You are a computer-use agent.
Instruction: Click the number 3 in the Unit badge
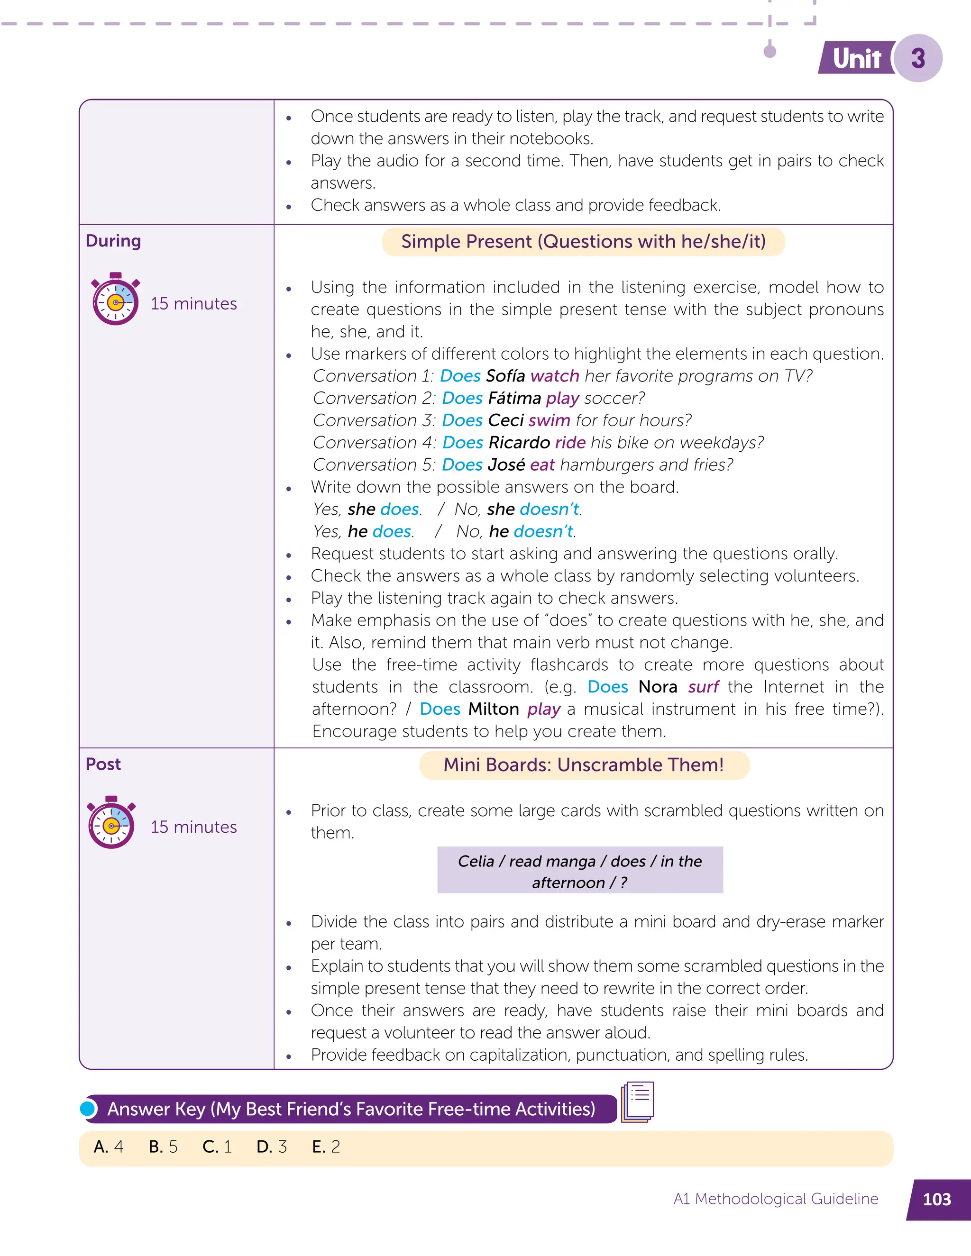click(918, 58)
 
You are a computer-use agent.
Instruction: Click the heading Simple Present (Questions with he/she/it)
click(583, 242)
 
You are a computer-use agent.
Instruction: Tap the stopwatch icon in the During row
click(115, 300)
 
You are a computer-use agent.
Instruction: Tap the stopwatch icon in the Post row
click(111, 823)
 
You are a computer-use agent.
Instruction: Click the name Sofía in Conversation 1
click(505, 376)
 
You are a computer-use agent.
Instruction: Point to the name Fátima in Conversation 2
click(514, 399)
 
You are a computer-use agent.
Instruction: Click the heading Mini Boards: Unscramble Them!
click(583, 765)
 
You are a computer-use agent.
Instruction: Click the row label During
click(113, 241)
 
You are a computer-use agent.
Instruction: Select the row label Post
click(103, 765)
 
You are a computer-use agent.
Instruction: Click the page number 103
click(936, 1199)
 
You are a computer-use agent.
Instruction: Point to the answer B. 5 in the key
click(164, 1147)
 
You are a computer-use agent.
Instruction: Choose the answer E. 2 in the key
click(326, 1147)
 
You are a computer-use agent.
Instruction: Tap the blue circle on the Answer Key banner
click(89, 1108)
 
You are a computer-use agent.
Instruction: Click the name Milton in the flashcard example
click(494, 709)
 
